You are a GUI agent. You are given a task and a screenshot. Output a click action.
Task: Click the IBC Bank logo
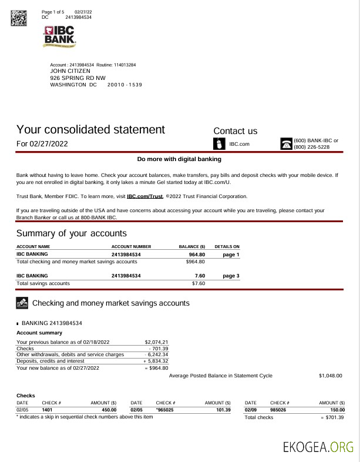(x=60, y=36)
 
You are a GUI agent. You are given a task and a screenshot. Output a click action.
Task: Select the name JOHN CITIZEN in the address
(x=70, y=71)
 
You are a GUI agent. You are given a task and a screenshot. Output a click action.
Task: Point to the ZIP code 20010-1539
(x=125, y=85)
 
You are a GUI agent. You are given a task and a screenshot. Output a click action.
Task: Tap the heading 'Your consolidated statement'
(x=90, y=129)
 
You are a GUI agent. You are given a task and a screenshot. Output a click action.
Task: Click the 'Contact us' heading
(x=235, y=131)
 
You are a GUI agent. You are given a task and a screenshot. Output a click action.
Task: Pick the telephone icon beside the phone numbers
(x=286, y=144)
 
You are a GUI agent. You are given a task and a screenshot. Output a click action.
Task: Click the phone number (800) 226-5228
(x=311, y=147)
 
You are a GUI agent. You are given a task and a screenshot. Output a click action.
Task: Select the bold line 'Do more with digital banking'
(x=179, y=159)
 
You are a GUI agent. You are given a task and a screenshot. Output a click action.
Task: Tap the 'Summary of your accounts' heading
(x=71, y=233)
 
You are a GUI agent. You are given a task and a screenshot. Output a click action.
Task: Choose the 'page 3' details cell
(x=231, y=275)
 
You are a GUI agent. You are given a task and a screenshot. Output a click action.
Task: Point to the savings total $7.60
(x=198, y=283)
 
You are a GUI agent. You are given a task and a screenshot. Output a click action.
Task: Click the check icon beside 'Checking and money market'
(x=22, y=303)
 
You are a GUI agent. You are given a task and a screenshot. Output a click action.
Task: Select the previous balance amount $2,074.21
(x=156, y=342)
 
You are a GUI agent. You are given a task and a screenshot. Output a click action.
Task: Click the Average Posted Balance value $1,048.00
(x=330, y=376)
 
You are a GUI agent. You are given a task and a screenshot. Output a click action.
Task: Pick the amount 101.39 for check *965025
(x=223, y=409)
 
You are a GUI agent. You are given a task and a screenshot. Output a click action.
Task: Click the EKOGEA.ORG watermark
(x=318, y=446)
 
